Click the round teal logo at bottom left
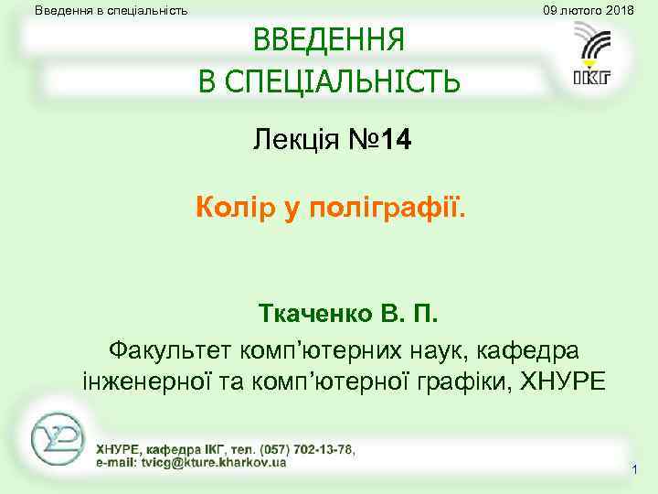[x=57, y=440]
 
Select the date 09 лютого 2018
[x=588, y=10]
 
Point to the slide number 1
[x=633, y=469]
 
